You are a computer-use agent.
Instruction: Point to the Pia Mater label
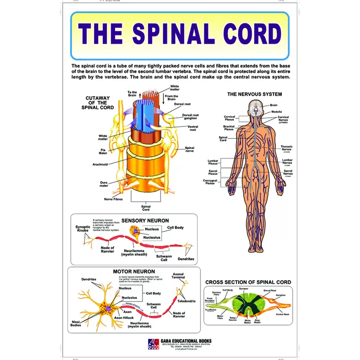103,151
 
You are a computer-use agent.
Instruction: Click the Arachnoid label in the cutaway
100,165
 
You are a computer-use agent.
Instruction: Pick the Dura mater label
104,184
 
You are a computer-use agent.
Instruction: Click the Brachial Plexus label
229,128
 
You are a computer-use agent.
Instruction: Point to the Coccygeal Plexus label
210,182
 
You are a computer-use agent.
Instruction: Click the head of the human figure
256,107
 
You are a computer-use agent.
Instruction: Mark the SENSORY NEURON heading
145,220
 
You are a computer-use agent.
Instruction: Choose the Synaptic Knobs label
83,228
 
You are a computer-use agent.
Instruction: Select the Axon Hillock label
125,318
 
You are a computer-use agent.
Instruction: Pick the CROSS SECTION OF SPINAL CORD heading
248,282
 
